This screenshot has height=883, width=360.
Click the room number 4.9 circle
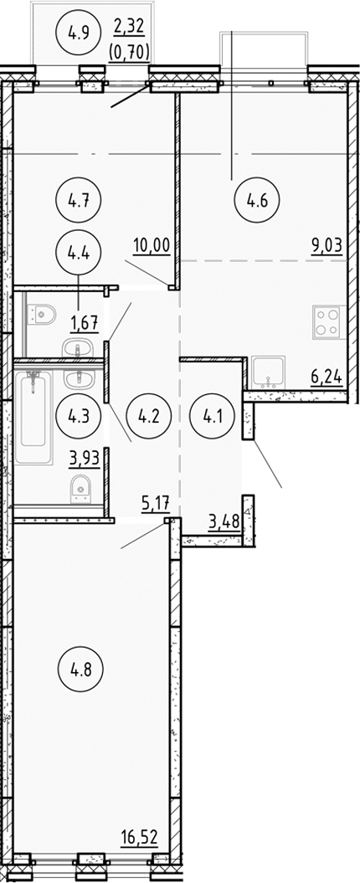point(73,35)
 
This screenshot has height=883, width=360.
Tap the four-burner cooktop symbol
point(326,321)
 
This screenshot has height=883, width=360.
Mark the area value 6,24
point(327,378)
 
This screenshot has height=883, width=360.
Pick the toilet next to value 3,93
point(80,484)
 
